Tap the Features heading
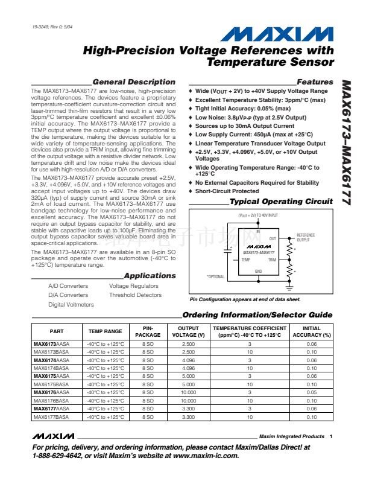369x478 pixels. [315, 82]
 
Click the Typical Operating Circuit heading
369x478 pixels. [281, 202]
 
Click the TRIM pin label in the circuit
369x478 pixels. [272, 260]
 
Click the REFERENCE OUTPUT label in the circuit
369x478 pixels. [306, 237]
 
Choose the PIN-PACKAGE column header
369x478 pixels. [148, 331]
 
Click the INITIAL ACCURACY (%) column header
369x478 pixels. [312, 331]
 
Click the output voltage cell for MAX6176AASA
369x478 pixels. [188, 392]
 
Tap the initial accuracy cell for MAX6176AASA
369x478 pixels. [312, 392]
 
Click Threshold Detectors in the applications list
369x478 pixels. [136, 295]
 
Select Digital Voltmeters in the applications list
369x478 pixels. [71, 305]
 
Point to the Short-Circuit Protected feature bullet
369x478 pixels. [227, 191]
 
